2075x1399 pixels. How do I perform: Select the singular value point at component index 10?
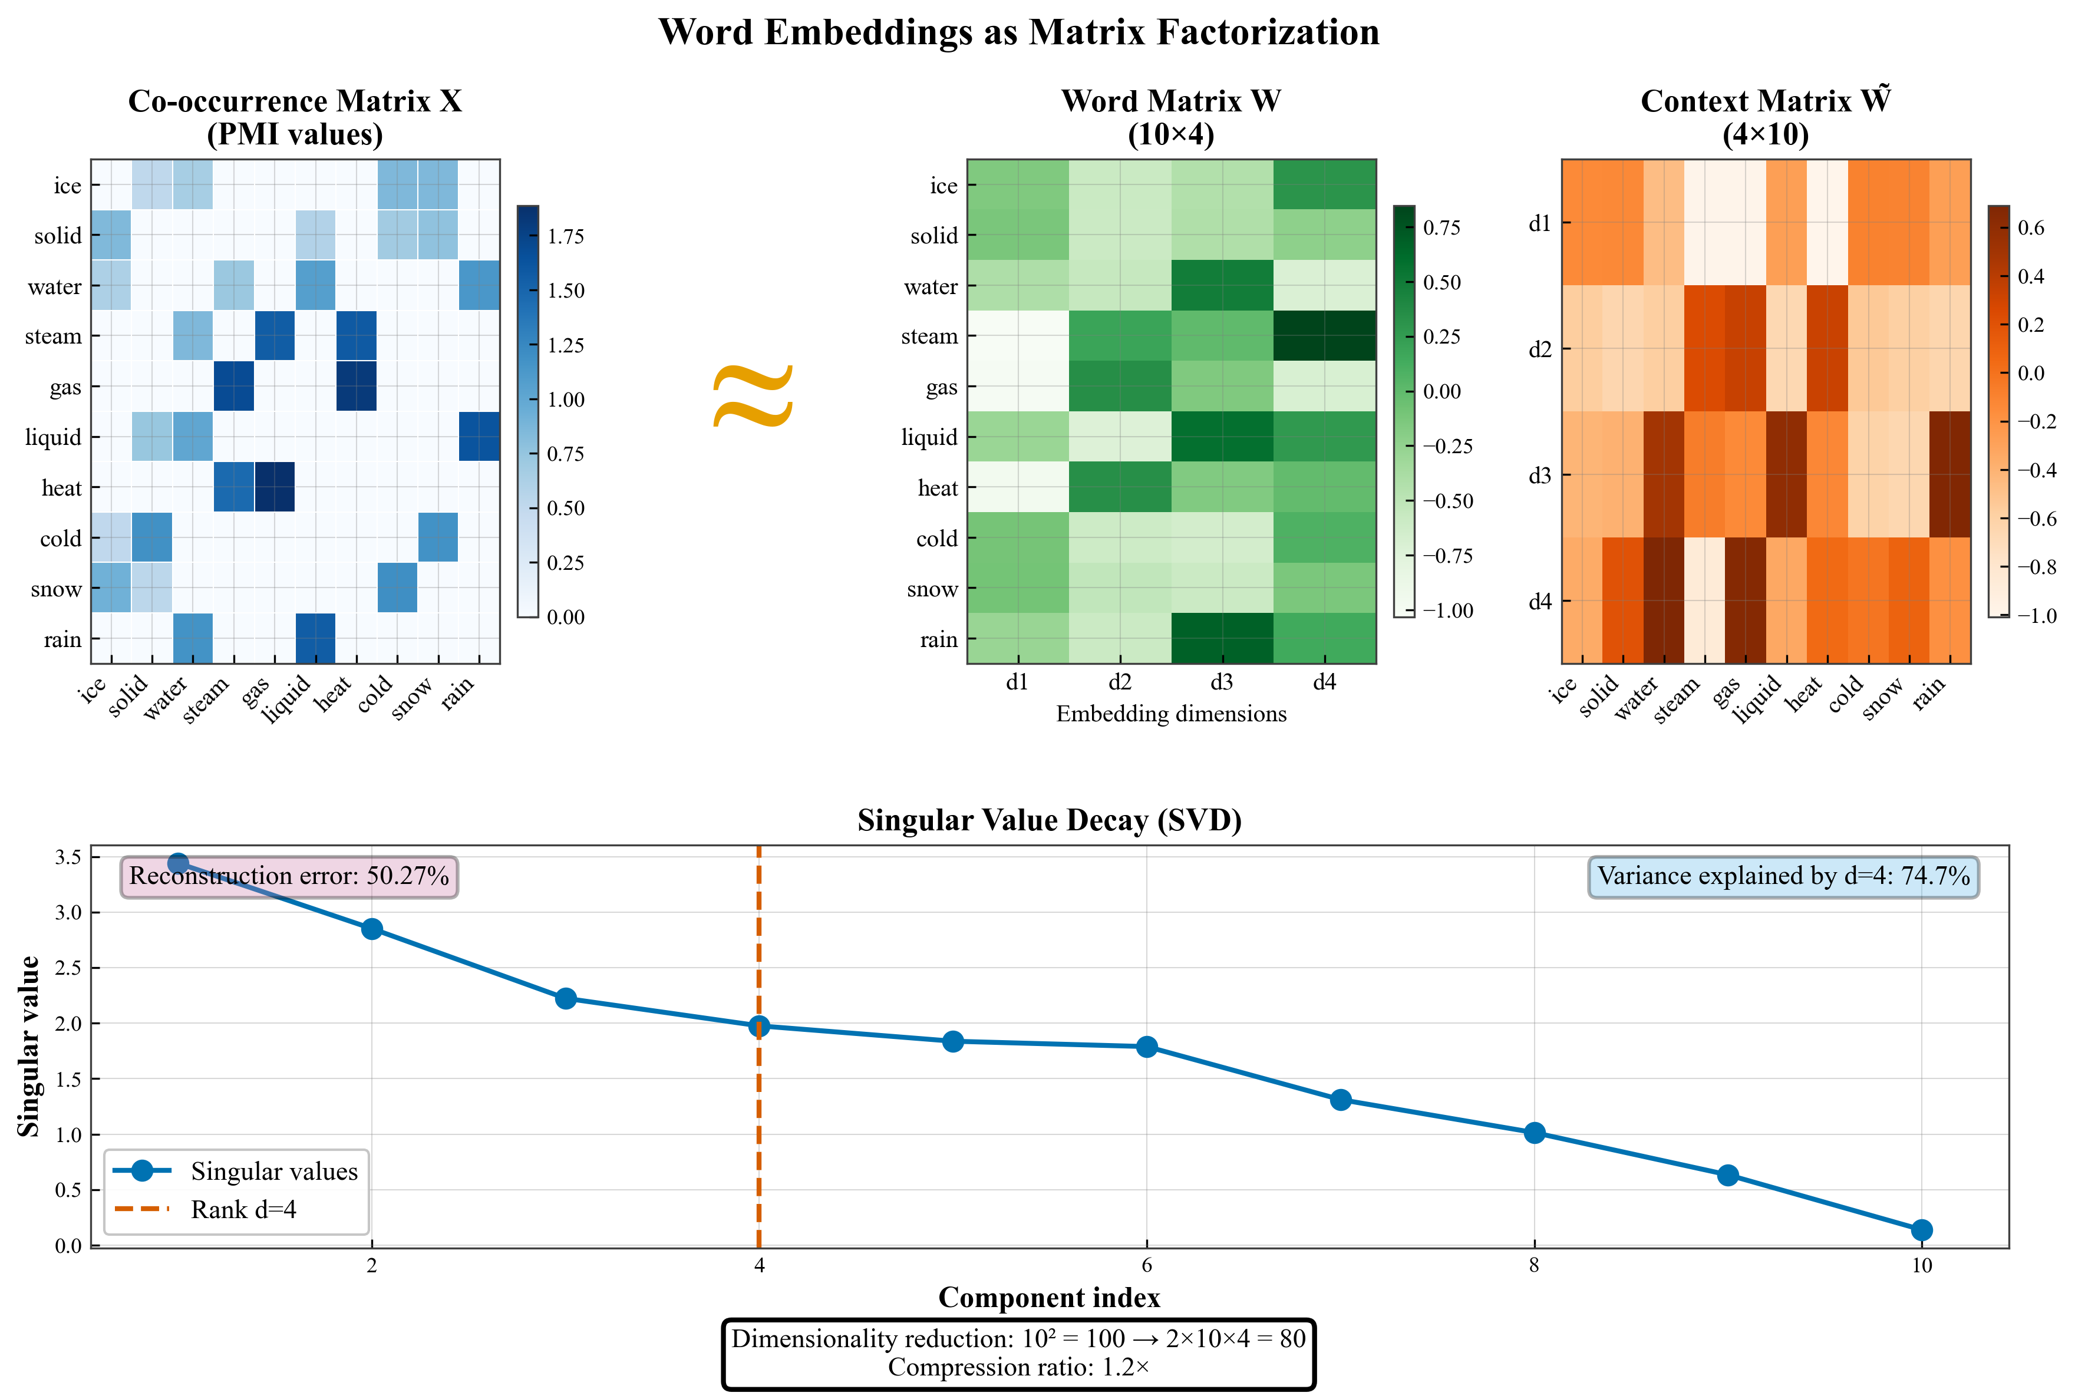pos(1922,1230)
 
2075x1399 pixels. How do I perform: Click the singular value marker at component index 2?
pos(372,929)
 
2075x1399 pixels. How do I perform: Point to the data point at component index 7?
pos(1340,1100)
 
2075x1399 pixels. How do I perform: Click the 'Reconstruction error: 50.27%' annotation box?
pos(289,876)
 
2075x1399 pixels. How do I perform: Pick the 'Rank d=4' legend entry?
pos(243,1210)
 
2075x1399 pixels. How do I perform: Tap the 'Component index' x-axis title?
pos(1048,1297)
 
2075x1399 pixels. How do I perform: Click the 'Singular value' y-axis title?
pos(29,1047)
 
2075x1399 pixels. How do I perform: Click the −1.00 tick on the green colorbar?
pos(1447,611)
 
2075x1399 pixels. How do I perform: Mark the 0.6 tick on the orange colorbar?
pos(2030,229)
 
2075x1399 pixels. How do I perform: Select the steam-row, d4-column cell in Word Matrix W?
pos(1325,336)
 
